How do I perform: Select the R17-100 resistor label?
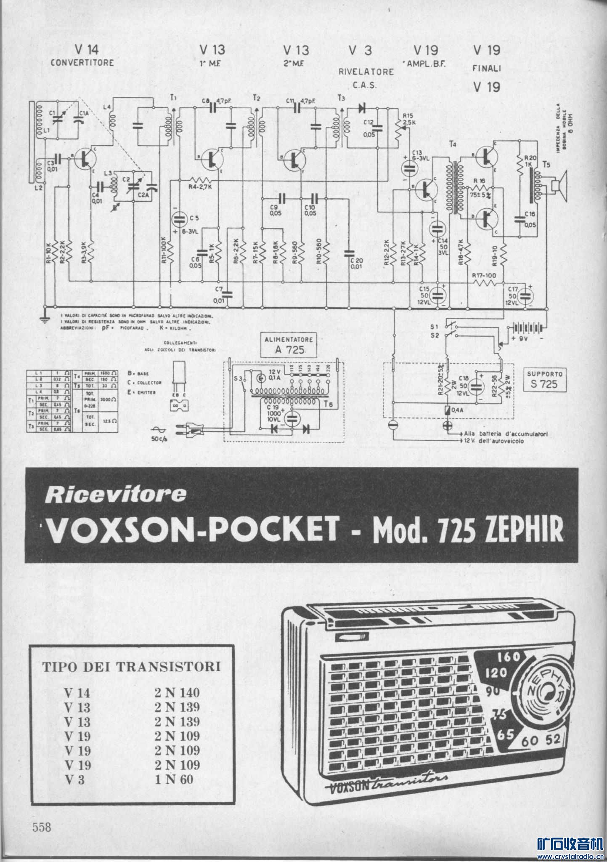484,275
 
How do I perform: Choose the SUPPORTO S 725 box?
546,378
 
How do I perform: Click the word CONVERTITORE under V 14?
82,63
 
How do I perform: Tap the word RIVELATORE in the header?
366,72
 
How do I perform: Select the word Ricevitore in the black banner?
115,495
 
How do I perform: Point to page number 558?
42,827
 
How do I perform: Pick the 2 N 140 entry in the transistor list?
177,692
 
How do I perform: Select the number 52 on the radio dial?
553,739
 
